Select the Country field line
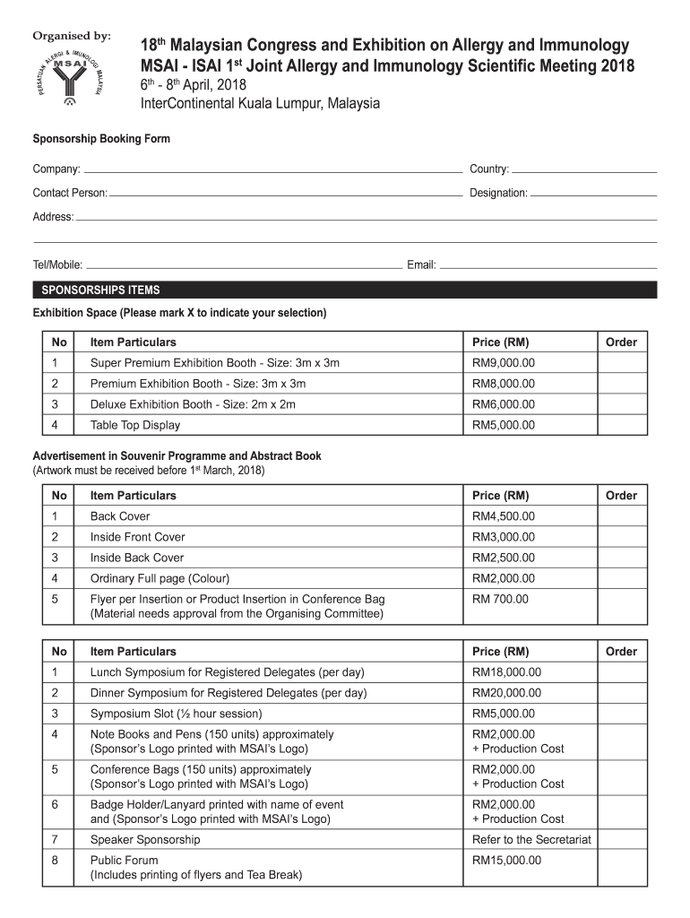583,169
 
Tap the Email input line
548,265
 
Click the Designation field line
593,193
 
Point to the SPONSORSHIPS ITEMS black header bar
345,290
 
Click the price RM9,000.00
504,363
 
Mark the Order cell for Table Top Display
621,425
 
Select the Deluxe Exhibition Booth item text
193,404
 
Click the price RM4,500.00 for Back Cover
504,516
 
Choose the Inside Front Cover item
138,537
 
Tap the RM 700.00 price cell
501,599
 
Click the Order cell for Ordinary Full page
621,578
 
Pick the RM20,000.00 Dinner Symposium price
507,693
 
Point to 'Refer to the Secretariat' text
531,840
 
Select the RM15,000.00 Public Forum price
507,861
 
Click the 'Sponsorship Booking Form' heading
101,139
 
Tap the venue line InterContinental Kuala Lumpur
260,104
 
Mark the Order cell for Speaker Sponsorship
621,840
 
